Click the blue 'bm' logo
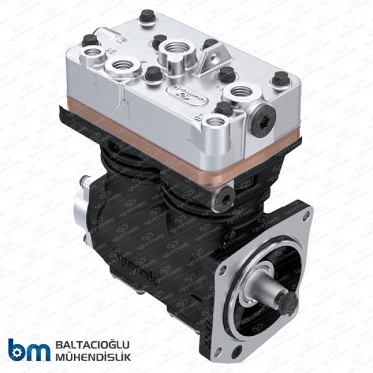click(x=27, y=350)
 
